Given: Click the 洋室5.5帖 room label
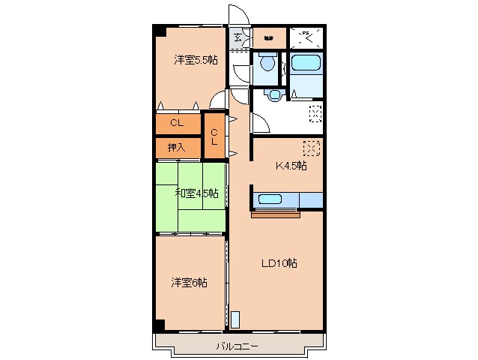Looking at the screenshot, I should pos(196,59).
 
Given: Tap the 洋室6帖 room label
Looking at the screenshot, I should pos(189,283).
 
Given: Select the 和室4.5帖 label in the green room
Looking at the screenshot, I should pos(197,193).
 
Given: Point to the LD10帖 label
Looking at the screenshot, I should pos(279,263).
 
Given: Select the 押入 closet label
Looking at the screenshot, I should pos(176,148).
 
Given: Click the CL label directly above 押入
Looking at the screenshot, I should pos(176,123).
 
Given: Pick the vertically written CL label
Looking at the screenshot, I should pos(214,136).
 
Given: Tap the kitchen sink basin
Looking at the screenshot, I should pos(269,199).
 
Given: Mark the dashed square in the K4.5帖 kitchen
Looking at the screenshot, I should pos(312,147).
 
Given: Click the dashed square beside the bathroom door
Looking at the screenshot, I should pos(316,113).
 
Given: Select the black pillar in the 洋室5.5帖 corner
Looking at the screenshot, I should pos(160,31).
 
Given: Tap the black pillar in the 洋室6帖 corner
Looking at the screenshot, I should pos(160,324).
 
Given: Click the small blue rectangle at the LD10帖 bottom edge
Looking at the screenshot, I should pos(235,319).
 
